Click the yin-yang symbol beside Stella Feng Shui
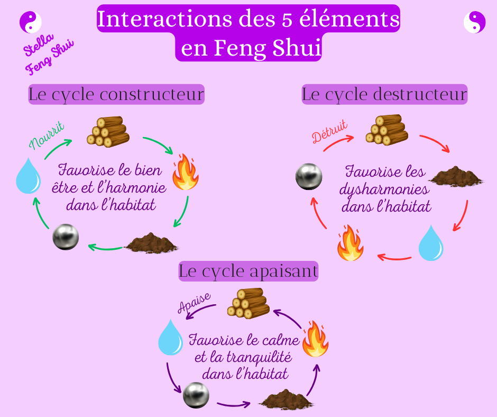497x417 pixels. pyautogui.click(x=30, y=22)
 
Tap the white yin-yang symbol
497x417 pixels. pyautogui.click(x=474, y=22)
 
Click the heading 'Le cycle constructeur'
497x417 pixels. pyautogui.click(x=116, y=95)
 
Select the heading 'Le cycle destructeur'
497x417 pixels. pyautogui.click(x=384, y=95)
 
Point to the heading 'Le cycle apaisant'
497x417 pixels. pyautogui.click(x=248, y=271)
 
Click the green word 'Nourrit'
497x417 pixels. pyautogui.click(x=47, y=135)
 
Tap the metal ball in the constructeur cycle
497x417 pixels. pyautogui.click(x=66, y=237)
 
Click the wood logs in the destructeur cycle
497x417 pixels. pyautogui.click(x=388, y=130)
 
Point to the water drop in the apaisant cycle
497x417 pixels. pyautogui.click(x=170, y=337)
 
